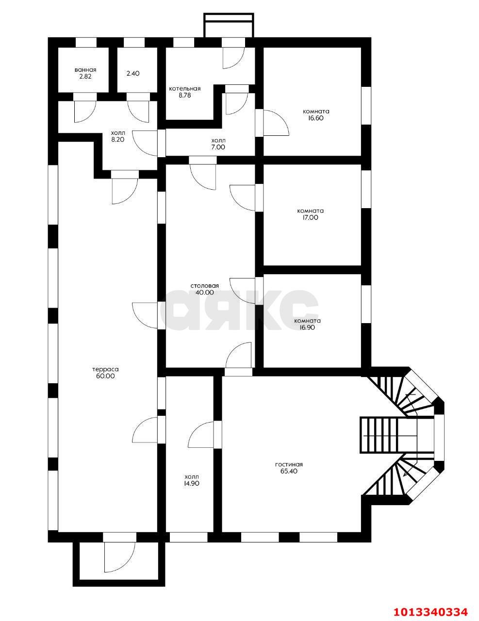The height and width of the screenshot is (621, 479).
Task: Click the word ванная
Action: [x=85, y=70]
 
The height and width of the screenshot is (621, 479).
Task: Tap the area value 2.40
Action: [x=133, y=73]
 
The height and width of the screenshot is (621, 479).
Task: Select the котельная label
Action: [x=184, y=89]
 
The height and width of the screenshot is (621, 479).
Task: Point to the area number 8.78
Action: [x=184, y=96]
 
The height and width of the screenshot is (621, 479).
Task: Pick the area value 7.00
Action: [x=218, y=147]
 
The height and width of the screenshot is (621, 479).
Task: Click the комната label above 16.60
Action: [x=316, y=112]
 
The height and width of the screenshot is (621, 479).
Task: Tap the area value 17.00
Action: [x=311, y=218]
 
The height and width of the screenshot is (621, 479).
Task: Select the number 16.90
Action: [x=307, y=328]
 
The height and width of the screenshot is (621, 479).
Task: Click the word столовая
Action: [x=205, y=286]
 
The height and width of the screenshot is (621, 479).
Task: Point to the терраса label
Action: [x=105, y=370]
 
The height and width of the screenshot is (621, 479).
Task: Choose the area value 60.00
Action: [x=105, y=376]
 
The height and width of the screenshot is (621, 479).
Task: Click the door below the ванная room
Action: [x=85, y=112]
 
